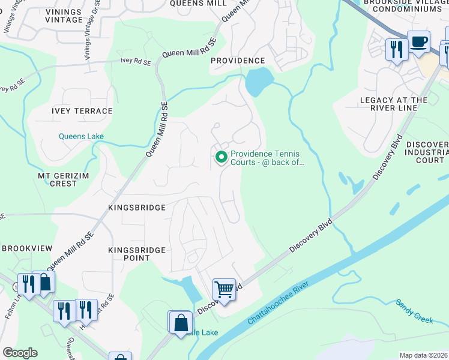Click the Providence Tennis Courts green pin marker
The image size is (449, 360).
[x=221, y=158]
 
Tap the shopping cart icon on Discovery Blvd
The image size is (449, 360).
[x=224, y=290]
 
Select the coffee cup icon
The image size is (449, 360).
[x=419, y=42]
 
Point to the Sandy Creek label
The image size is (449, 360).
[x=414, y=311]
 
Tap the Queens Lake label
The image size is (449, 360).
[x=81, y=136]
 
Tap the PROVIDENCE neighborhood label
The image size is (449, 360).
[x=238, y=61]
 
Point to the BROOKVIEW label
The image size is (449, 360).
[x=24, y=248]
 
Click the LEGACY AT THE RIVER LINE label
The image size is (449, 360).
[x=394, y=104]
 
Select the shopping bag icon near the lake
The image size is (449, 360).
[x=181, y=323]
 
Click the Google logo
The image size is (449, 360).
[x=20, y=353]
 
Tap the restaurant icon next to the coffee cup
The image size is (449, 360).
[x=396, y=49]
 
